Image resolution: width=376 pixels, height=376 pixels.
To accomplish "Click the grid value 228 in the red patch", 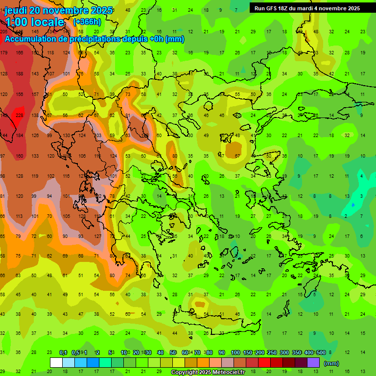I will [20, 115].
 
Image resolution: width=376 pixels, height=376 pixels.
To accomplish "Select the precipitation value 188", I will [20, 74].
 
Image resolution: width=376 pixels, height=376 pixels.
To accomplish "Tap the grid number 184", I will [20, 136].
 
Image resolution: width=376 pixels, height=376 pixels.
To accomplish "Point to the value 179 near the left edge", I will [4, 53].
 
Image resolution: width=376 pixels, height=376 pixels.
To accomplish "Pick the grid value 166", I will [20, 53].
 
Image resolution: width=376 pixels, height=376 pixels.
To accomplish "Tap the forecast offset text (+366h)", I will [87, 22].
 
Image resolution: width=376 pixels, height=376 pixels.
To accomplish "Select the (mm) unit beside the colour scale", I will [331, 363].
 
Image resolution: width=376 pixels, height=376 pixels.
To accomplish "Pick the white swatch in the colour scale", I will [56, 363].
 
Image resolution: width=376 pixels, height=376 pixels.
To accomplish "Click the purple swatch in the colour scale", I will [313, 363].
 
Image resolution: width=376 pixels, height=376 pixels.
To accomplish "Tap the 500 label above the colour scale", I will [321, 352].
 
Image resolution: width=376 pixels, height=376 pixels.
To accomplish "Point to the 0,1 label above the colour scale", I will [63, 352].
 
